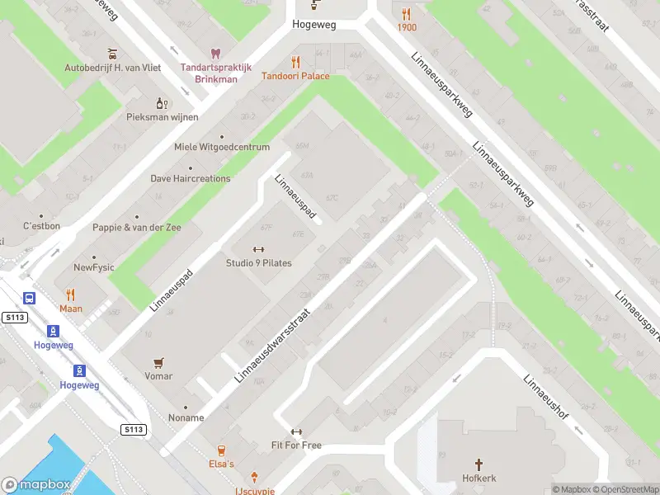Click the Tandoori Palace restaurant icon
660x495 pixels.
295,62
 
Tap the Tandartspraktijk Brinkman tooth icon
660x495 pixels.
216,54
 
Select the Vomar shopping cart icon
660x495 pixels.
158,362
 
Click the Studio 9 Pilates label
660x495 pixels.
258,263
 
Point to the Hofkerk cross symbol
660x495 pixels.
478,464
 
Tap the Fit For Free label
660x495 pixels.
295,445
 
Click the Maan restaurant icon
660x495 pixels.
71,295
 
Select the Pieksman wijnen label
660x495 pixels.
162,117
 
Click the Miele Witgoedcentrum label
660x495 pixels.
222,147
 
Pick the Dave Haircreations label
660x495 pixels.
190,177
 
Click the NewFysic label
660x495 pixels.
94,267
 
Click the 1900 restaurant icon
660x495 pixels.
406,13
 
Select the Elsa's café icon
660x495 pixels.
220,450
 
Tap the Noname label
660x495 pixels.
186,417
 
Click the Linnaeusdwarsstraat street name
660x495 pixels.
271,345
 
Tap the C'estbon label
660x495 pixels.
41,225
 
